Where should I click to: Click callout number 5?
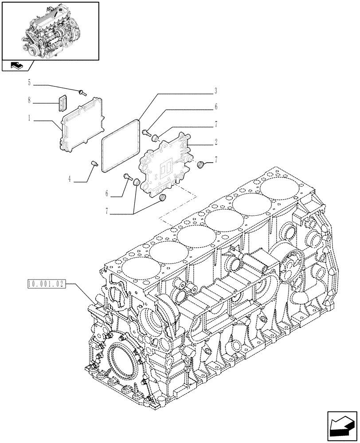coord(29,82)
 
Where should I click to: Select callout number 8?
coord(29,101)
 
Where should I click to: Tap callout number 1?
coord(29,119)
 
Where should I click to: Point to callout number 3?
coord(215,91)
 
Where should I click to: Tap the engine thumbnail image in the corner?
coord(50,30)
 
